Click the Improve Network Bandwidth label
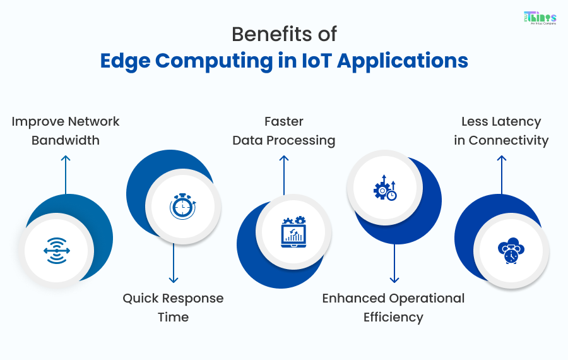point(66,131)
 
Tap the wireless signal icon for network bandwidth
point(57,251)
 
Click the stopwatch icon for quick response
point(182,207)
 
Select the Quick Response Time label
point(173,307)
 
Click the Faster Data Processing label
point(284,131)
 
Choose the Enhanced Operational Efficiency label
point(393,307)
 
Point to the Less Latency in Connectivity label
point(501,131)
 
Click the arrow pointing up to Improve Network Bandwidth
point(66,174)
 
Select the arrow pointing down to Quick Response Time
point(173,262)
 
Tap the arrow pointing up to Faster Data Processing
point(284,174)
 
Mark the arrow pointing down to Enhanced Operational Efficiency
point(394,262)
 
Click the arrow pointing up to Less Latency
point(501,174)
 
